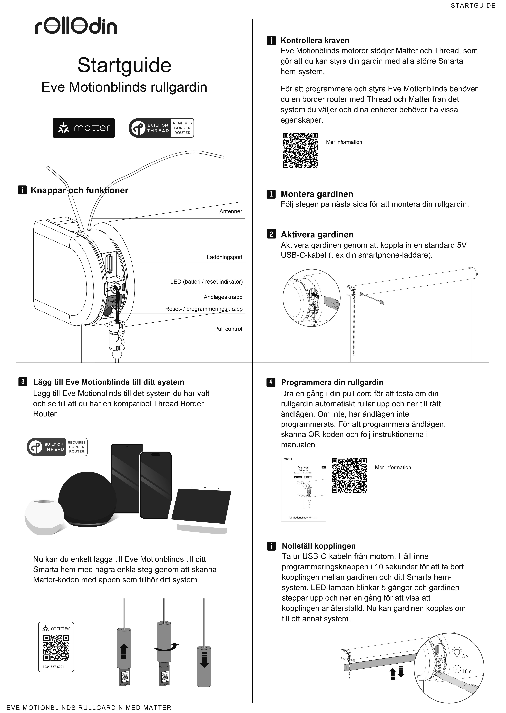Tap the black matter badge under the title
[84, 128]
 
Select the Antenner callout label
[231, 211]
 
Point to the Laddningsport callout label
[224, 257]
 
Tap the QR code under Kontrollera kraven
[300, 150]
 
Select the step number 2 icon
[271, 234]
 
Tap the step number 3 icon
[23, 382]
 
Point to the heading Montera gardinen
[317, 194]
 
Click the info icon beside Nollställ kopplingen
[271, 546]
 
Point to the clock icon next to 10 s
[457, 669]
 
